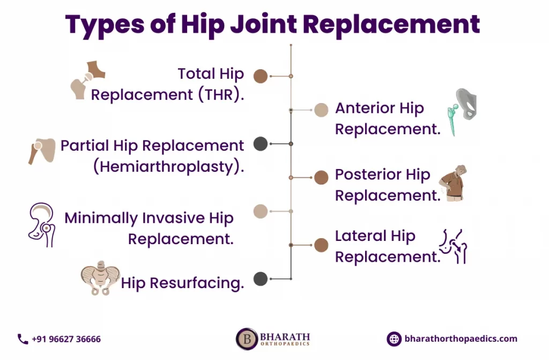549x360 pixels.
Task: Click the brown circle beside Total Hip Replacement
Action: point(261,76)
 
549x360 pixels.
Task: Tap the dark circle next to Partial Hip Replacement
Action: point(261,144)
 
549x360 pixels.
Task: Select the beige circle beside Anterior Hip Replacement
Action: point(321,110)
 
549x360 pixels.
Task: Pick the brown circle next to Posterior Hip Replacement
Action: point(321,178)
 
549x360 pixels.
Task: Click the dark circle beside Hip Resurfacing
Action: point(261,279)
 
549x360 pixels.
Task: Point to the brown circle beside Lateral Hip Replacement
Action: point(321,245)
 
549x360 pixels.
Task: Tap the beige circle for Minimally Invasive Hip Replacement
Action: point(261,211)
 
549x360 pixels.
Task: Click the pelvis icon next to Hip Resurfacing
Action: point(100,278)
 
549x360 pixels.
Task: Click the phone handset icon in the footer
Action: point(23,339)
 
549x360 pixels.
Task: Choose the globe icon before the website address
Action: point(394,339)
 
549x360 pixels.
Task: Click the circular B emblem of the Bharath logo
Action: point(247,339)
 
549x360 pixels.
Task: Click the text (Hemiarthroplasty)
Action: point(168,166)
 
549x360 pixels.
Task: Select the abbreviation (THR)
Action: point(221,94)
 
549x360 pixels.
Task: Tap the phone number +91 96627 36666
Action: point(66,339)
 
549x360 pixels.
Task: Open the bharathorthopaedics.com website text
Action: point(461,339)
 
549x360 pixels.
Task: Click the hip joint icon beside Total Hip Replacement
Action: point(88,80)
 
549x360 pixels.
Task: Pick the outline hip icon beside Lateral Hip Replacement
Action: point(454,246)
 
